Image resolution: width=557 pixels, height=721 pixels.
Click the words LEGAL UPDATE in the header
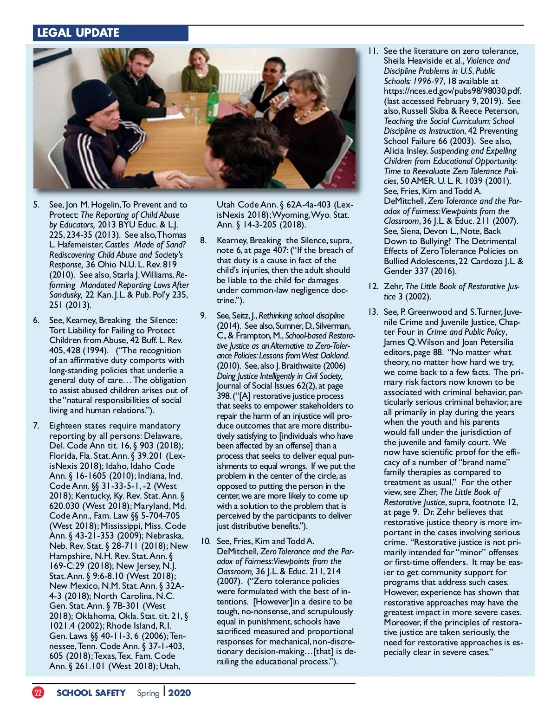pyautogui.click(x=78, y=33)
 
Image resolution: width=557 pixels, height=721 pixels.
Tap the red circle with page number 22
pyautogui.click(x=38, y=693)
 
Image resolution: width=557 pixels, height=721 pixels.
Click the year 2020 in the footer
pyautogui.click(x=180, y=693)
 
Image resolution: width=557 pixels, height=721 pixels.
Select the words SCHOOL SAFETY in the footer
pyautogui.click(x=91, y=693)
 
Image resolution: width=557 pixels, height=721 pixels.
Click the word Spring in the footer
pyautogui.click(x=148, y=693)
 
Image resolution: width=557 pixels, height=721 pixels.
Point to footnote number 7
pyautogui.click(x=36, y=426)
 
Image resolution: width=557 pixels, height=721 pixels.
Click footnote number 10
pyautogui.click(x=205, y=541)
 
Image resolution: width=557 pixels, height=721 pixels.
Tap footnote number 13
pyautogui.click(x=373, y=312)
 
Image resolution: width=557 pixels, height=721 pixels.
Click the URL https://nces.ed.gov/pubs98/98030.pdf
pyautogui.click(x=452, y=91)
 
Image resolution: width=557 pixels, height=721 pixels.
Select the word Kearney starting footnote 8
pyautogui.click(x=232, y=240)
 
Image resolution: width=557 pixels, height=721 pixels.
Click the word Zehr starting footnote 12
pyautogui.click(x=393, y=286)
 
